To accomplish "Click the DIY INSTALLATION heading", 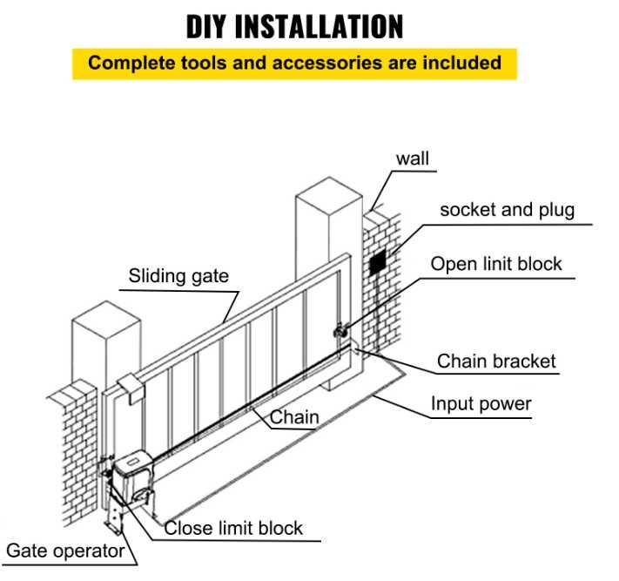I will point(295,26).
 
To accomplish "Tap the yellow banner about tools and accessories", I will point(294,64).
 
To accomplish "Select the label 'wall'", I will point(412,159).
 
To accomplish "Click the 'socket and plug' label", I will point(507,210).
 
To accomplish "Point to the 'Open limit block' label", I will point(496,264).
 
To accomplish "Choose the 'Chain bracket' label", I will point(496,361).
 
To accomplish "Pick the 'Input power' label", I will point(481,404).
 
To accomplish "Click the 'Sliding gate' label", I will point(178,277).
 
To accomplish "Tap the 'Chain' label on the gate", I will point(294,417).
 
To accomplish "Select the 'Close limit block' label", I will point(233,528).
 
